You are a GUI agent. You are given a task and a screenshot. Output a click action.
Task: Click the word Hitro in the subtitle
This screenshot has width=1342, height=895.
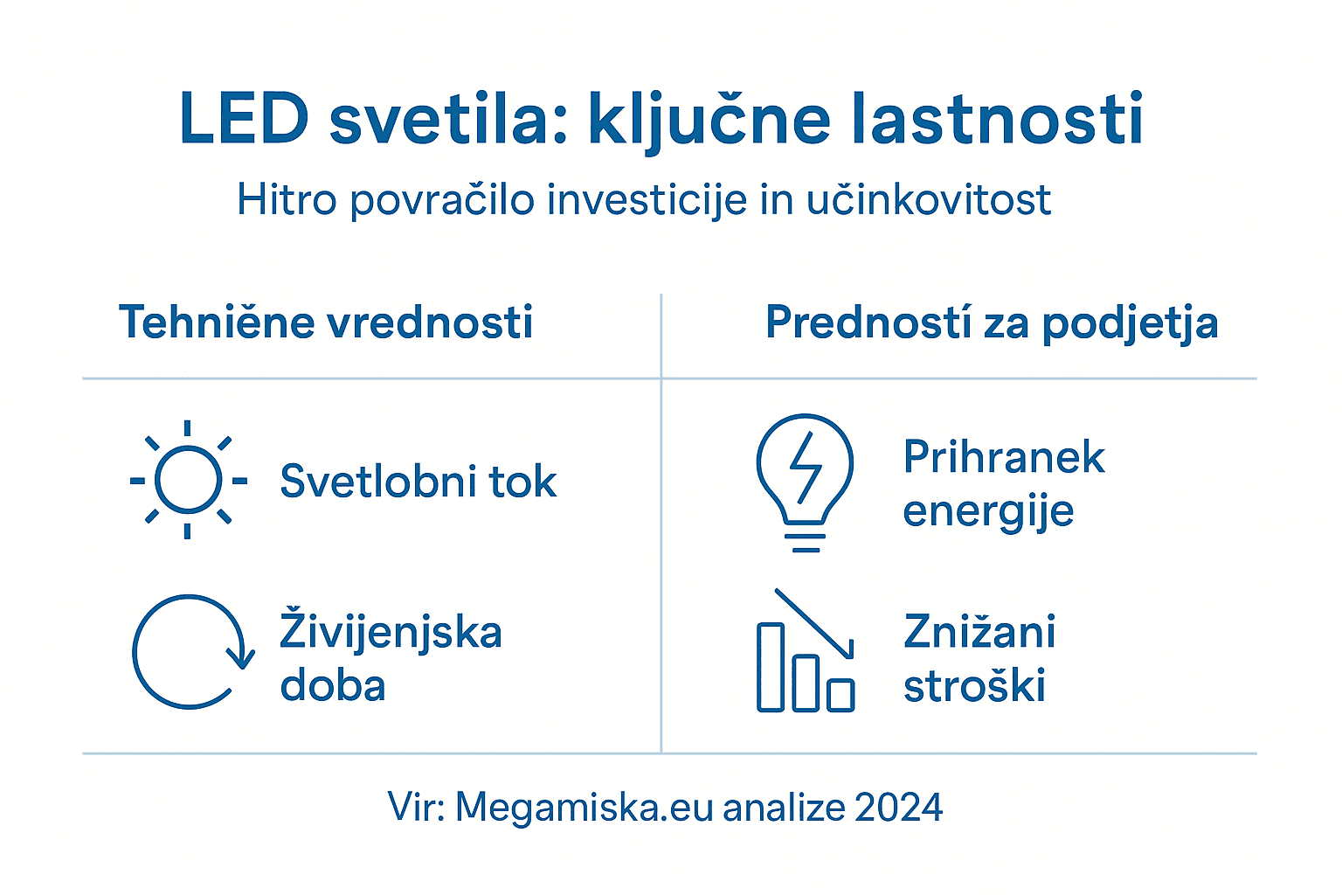point(287,200)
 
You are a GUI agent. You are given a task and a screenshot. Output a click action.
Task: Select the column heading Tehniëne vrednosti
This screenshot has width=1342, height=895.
point(326,323)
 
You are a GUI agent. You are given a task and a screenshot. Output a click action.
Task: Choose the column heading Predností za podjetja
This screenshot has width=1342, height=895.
point(992,323)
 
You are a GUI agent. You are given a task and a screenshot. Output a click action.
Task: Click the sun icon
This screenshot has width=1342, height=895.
point(188,480)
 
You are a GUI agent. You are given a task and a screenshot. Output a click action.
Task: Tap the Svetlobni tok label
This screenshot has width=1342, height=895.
point(418,482)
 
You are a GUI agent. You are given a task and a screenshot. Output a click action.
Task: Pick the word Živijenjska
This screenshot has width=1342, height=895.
point(391,633)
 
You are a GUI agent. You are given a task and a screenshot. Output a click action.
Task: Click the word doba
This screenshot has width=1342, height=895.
point(333,686)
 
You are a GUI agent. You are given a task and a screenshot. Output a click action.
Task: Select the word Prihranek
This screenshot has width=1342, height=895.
point(1004,457)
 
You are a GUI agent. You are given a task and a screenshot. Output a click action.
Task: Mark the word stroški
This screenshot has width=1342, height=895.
point(974,686)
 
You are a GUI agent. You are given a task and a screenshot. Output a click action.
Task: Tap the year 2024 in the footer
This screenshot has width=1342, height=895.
point(899,807)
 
